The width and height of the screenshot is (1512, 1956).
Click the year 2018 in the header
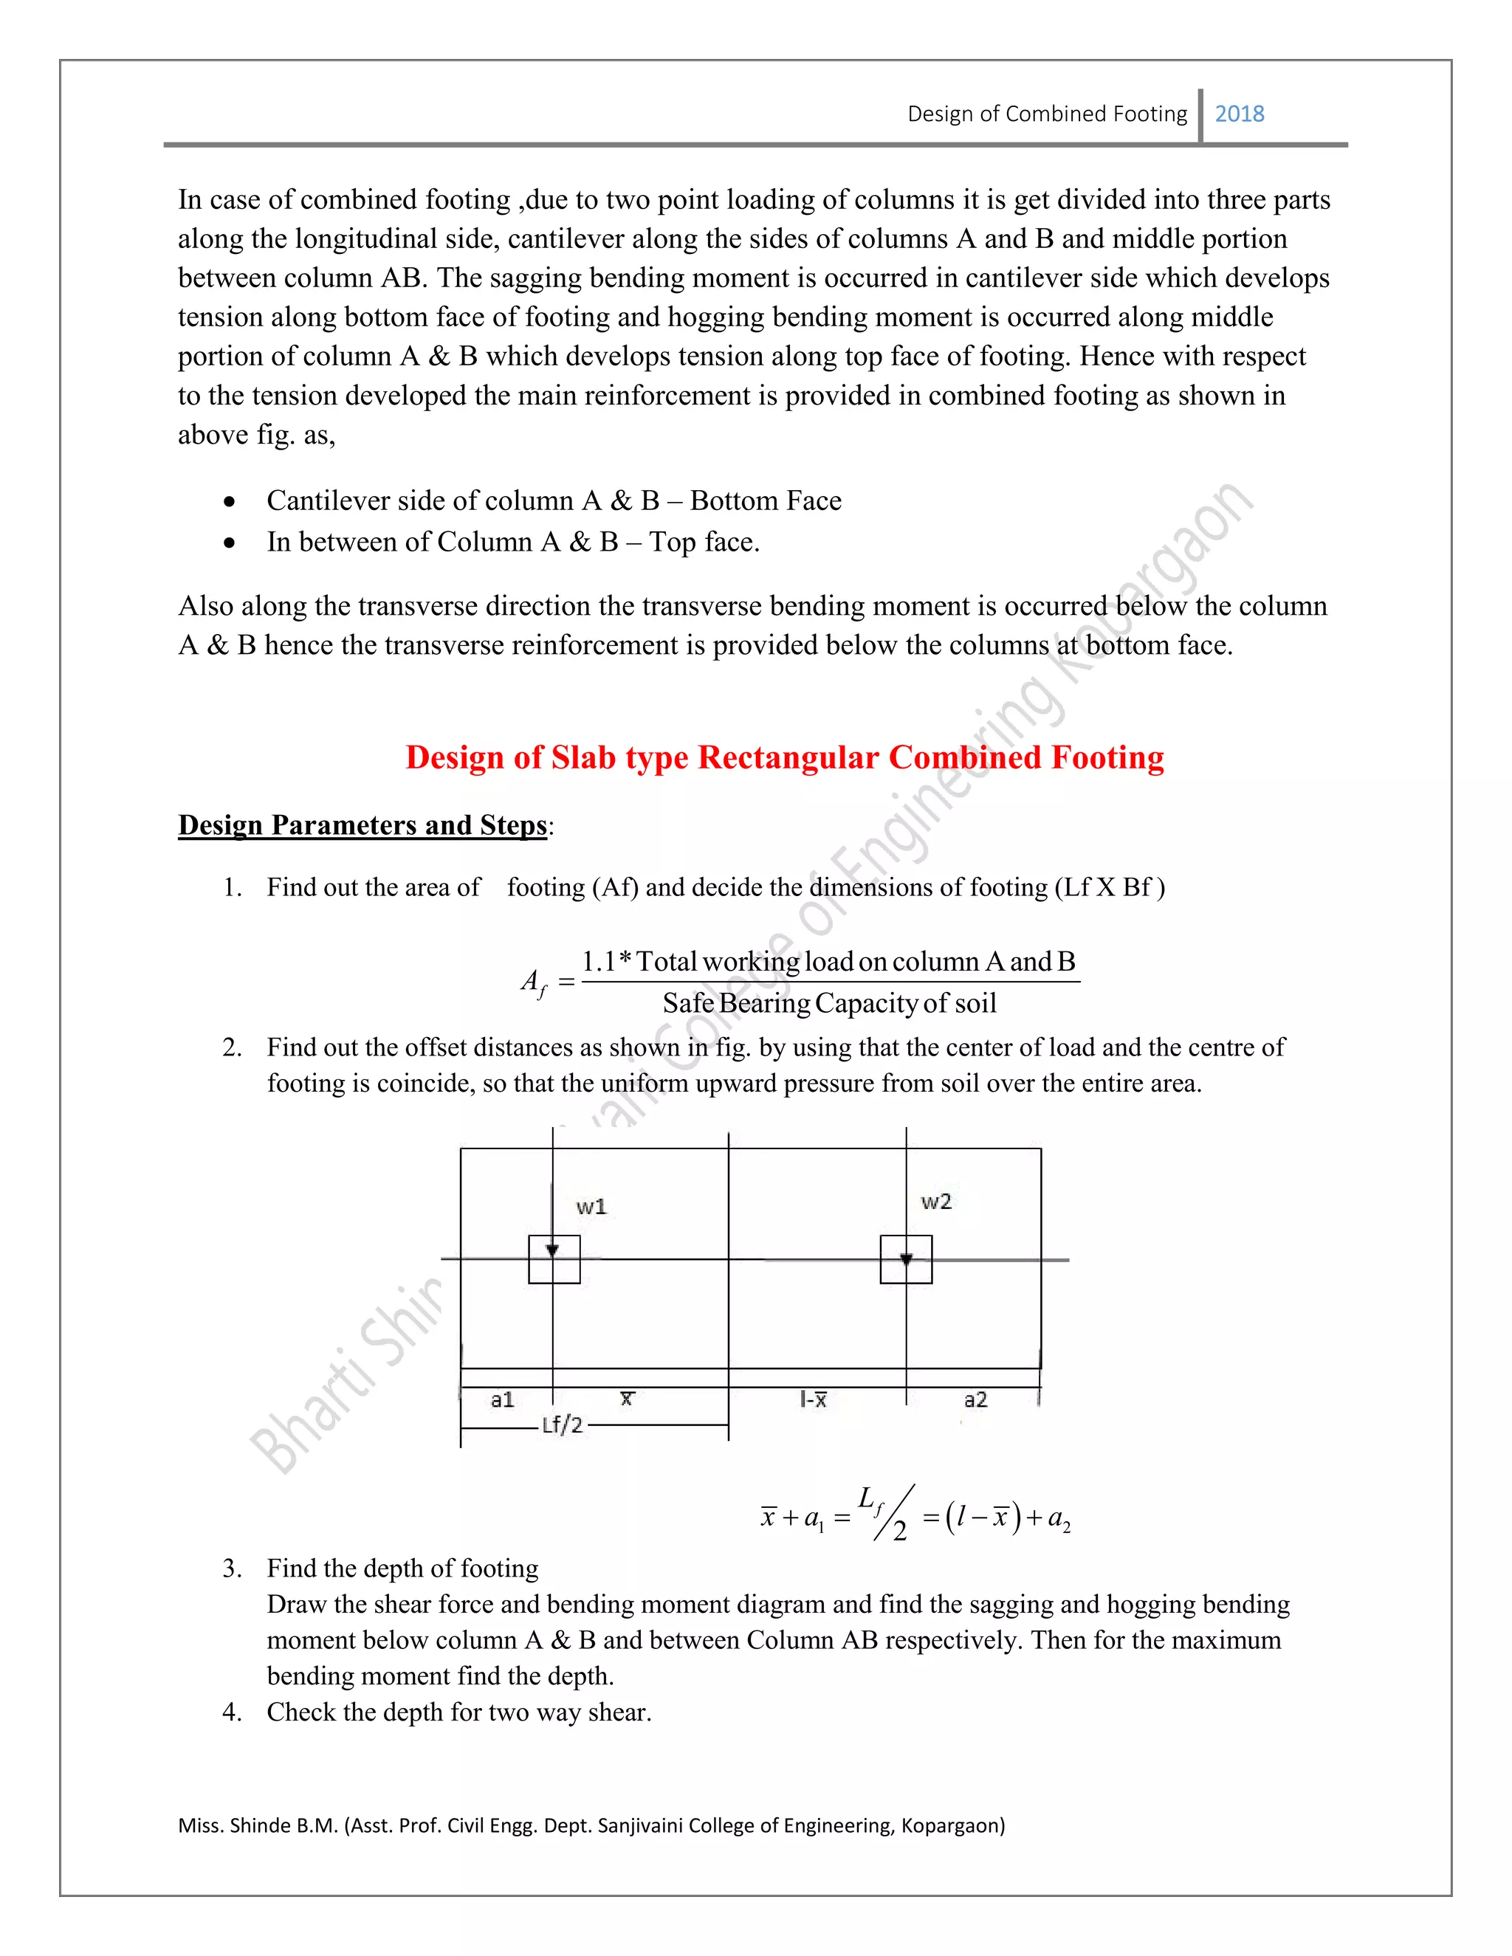point(1239,114)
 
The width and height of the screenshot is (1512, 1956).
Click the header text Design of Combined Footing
point(1046,114)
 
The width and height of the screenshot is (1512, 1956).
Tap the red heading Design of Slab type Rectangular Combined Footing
point(784,758)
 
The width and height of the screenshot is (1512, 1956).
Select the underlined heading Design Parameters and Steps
point(362,825)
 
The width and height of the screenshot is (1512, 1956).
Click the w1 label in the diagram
point(591,1206)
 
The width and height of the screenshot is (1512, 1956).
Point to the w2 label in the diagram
point(936,1202)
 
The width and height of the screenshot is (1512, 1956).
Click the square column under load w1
point(554,1260)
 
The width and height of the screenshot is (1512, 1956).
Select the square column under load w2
point(906,1260)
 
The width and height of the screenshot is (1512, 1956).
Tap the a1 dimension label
point(503,1399)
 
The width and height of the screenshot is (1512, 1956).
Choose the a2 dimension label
point(975,1399)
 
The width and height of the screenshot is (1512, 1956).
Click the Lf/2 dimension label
point(563,1425)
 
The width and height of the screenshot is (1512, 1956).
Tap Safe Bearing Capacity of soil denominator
point(829,1003)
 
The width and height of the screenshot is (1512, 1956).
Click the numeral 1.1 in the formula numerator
point(598,962)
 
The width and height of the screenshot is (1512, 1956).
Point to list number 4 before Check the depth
point(231,1712)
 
